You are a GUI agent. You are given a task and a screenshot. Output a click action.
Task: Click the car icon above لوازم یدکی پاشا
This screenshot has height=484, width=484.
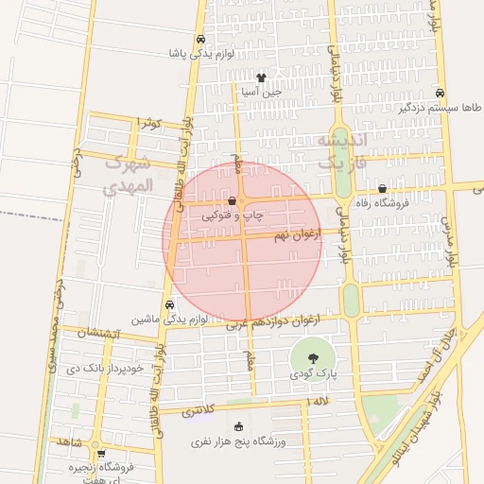(199, 40)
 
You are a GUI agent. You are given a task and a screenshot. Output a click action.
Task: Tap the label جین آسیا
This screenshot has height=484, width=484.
(260, 93)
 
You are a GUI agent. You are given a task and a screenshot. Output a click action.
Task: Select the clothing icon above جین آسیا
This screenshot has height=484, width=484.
(260, 78)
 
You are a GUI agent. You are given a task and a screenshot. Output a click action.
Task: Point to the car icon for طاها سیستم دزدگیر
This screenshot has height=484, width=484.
(440, 93)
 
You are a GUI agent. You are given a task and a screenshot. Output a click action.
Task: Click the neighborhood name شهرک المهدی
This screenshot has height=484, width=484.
(129, 174)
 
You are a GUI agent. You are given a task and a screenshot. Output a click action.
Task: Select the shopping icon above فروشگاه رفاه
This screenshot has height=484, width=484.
(382, 189)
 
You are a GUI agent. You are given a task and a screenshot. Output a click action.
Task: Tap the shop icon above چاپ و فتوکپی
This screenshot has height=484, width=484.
(233, 200)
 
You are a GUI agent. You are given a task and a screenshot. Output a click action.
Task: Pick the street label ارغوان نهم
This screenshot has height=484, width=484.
(292, 233)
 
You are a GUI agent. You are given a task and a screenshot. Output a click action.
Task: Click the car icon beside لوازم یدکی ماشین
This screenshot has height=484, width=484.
(168, 304)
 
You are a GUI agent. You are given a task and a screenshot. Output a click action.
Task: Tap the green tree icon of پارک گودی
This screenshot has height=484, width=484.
(313, 357)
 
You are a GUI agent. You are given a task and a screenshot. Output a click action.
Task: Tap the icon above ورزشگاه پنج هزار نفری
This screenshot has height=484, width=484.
(237, 426)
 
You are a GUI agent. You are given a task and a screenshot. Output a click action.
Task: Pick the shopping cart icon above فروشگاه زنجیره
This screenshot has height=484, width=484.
(100, 453)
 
